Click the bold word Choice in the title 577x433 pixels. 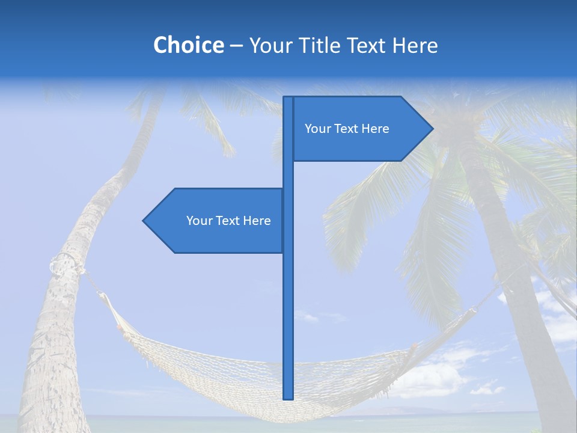188,45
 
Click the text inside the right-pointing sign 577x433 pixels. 347,129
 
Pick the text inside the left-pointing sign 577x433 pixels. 228,221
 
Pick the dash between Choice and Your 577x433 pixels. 236,46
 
